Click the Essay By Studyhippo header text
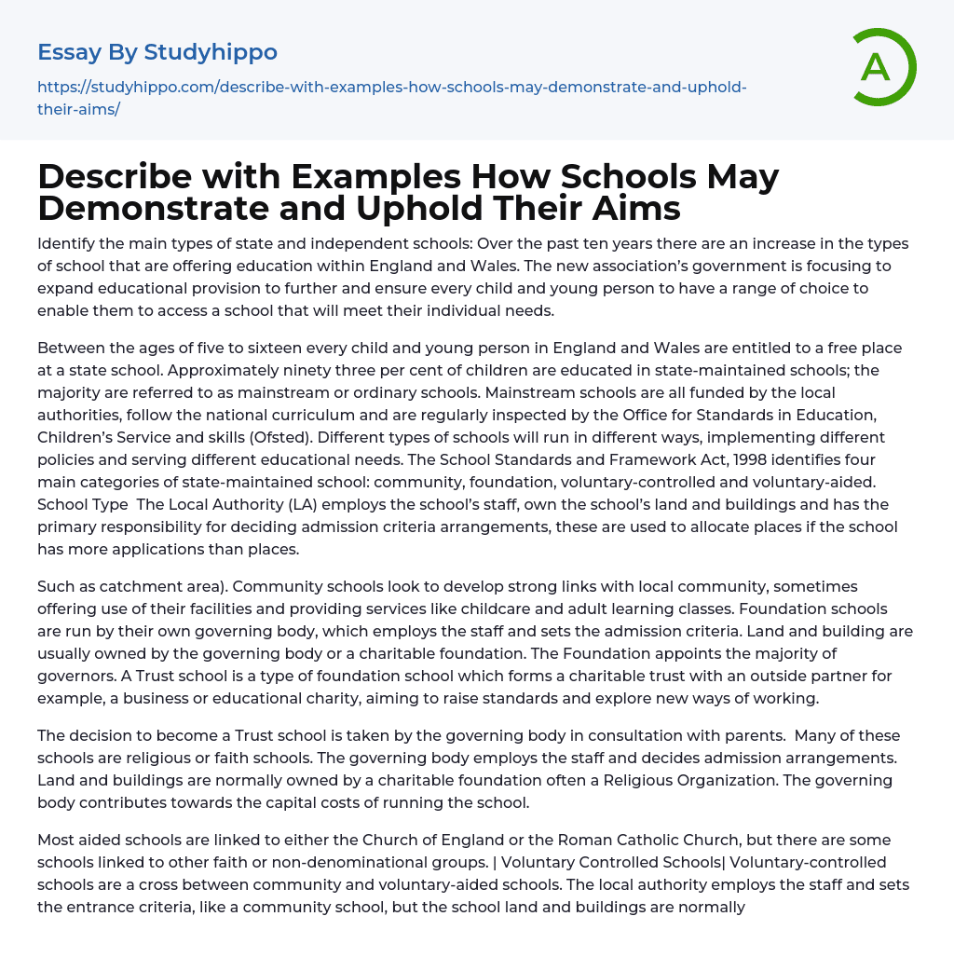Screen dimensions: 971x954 coord(157,51)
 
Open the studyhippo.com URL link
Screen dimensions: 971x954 coord(391,88)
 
